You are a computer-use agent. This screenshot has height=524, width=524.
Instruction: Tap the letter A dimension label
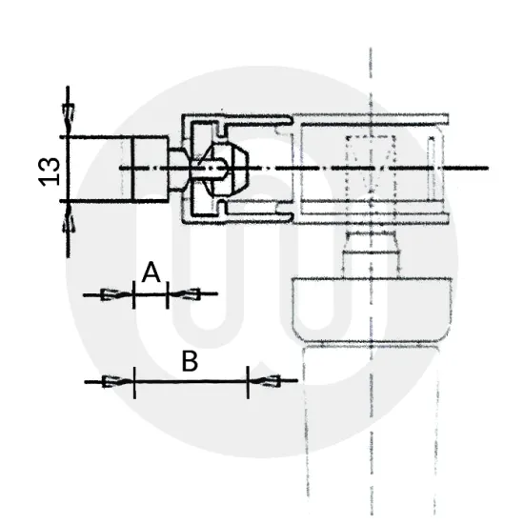tap(151, 274)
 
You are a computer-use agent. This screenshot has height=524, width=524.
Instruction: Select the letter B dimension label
tap(190, 362)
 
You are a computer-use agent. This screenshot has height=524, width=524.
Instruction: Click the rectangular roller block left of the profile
tap(149, 169)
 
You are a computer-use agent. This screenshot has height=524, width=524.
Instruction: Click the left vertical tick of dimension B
tap(134, 382)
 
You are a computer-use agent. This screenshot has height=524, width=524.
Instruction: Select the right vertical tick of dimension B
tap(249, 382)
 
